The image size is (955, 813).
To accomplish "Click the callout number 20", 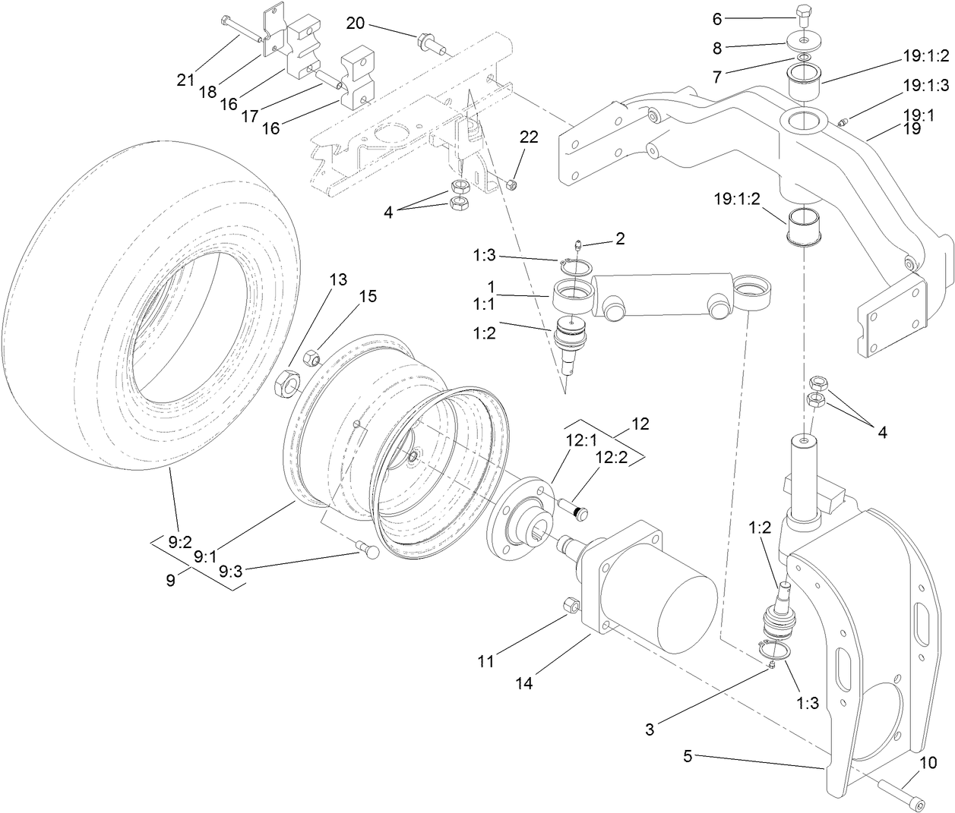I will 355,23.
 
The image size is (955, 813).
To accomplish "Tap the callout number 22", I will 529,137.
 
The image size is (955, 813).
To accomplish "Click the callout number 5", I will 688,755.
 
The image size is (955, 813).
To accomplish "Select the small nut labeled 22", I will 511,184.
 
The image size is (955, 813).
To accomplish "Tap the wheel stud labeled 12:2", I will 577,511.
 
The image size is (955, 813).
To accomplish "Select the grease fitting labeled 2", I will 579,245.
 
